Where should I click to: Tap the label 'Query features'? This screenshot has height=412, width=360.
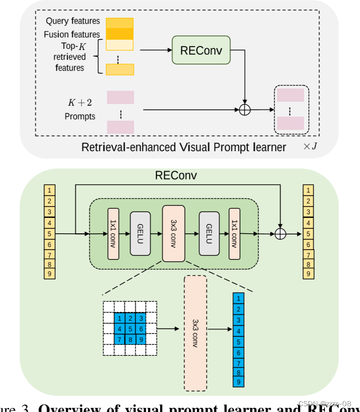(x=73, y=21)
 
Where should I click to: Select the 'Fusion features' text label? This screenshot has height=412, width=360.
(x=72, y=34)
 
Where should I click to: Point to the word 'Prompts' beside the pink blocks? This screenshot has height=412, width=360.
(x=80, y=117)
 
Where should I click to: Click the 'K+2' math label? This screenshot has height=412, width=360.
(x=80, y=103)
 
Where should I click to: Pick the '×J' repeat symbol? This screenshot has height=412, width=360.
(x=310, y=147)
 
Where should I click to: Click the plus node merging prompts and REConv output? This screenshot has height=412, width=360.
(x=245, y=109)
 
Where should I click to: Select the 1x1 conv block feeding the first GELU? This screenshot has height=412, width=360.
(x=113, y=234)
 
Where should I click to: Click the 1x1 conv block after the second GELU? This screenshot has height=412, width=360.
(x=234, y=234)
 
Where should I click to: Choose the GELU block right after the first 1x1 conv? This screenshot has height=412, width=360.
(x=140, y=234)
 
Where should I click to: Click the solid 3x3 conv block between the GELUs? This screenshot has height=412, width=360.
(x=173, y=234)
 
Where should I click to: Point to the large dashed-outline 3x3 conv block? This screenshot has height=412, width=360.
(x=195, y=332)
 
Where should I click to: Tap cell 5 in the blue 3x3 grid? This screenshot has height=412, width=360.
(x=130, y=329)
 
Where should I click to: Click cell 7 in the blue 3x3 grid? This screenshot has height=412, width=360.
(x=119, y=340)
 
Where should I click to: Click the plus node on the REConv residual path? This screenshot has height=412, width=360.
(x=280, y=234)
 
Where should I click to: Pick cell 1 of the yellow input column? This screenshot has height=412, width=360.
(x=51, y=190)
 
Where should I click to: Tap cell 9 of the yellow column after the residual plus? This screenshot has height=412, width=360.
(x=309, y=274)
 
